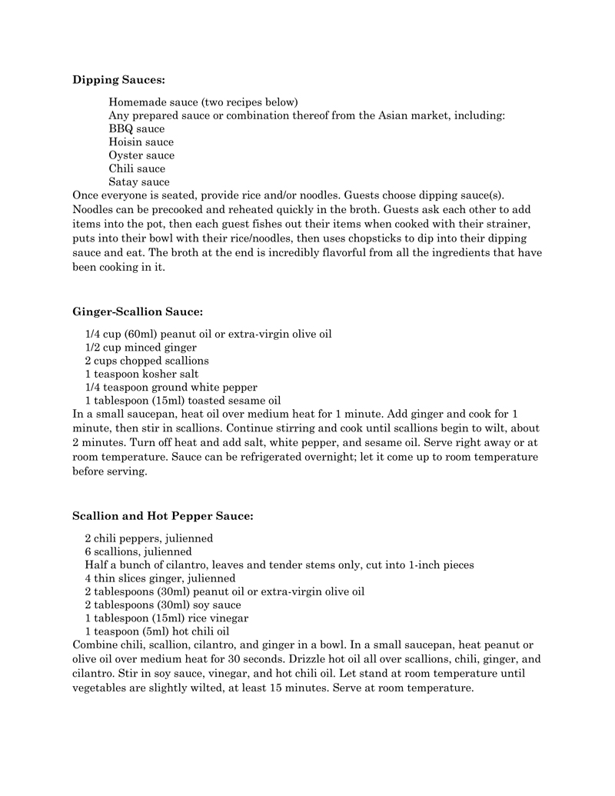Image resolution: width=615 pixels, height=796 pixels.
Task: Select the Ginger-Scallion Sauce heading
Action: click(x=138, y=311)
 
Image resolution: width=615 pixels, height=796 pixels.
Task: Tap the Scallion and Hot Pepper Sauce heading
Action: click(x=162, y=515)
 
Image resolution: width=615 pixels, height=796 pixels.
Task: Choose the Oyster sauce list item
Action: click(x=141, y=155)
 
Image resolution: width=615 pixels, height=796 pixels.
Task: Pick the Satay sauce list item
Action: click(x=138, y=182)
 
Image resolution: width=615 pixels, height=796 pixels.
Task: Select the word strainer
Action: click(x=509, y=223)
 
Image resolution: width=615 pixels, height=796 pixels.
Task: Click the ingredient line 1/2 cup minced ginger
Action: click(x=141, y=348)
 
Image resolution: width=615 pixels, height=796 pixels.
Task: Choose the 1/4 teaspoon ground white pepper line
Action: click(x=171, y=387)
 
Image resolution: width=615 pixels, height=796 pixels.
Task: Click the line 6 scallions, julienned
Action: click(x=138, y=551)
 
